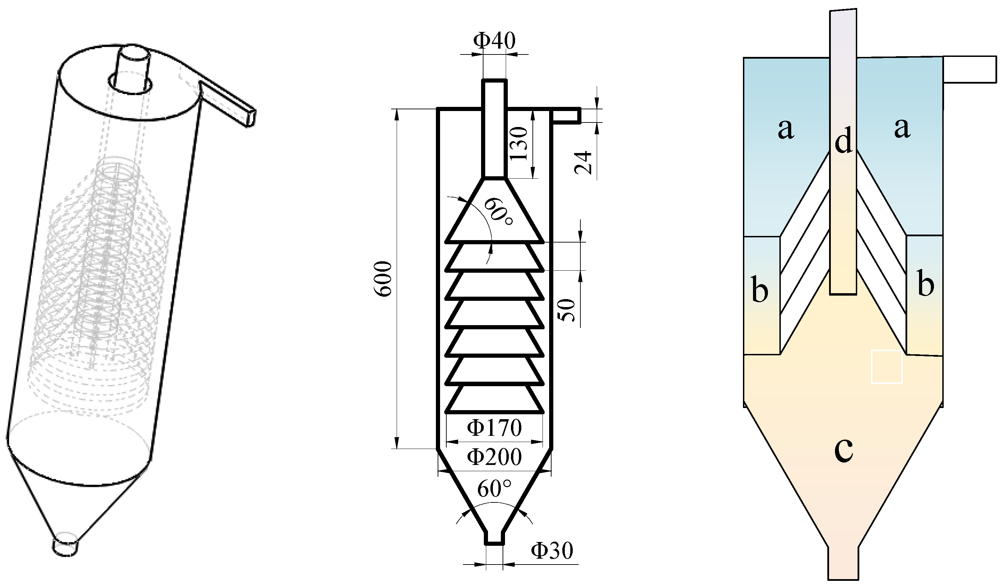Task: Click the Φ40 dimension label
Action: click(x=495, y=41)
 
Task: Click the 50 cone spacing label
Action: click(x=567, y=310)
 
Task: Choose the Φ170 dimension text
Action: click(x=494, y=428)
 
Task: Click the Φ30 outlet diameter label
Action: click(x=552, y=551)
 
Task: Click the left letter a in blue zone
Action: click(x=786, y=129)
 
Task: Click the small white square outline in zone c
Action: click(x=887, y=367)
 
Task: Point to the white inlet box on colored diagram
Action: click(x=970, y=70)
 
